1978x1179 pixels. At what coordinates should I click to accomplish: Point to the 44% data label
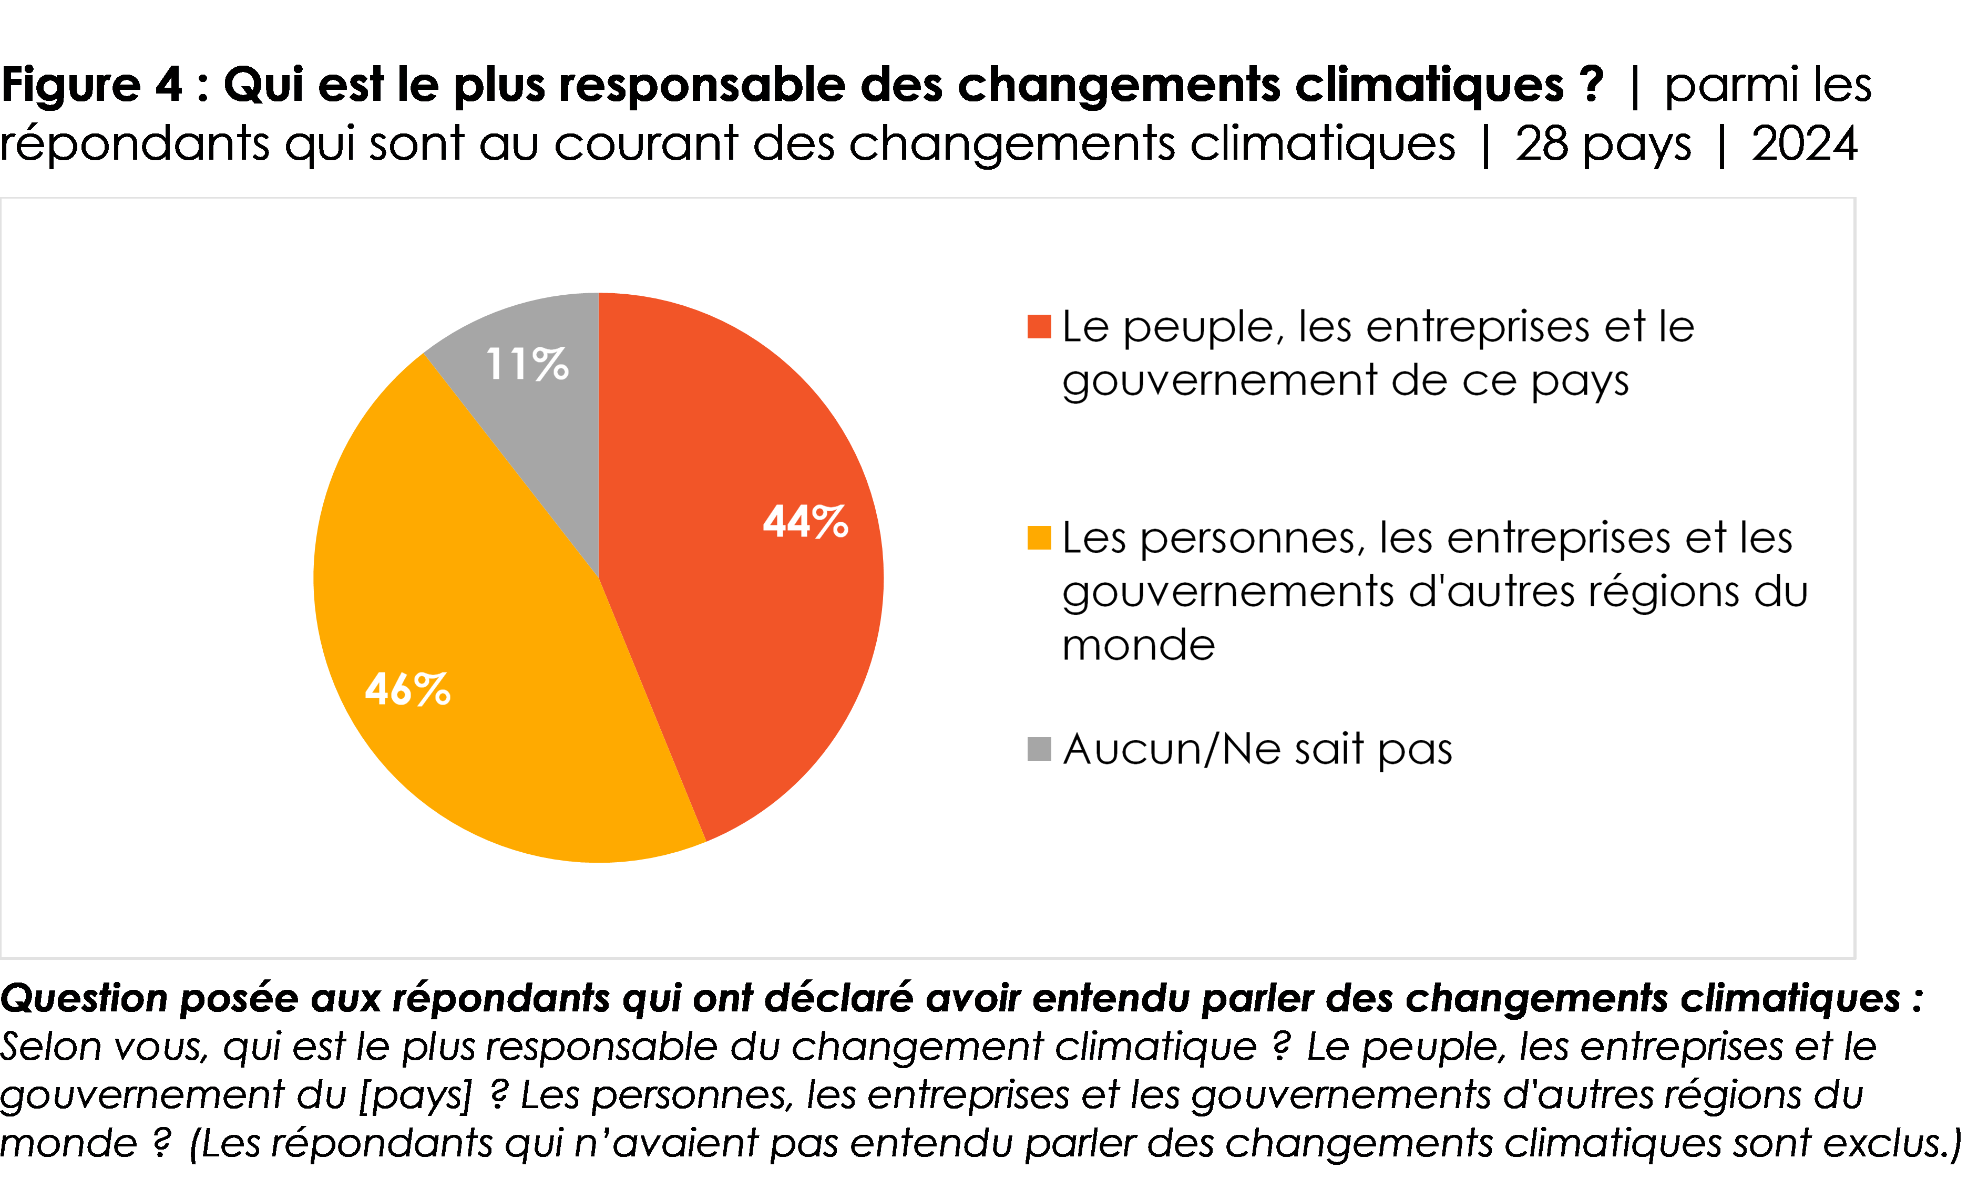coord(805,522)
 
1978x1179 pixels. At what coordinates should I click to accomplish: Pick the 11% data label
coord(527,365)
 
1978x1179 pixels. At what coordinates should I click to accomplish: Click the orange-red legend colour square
coord(1039,326)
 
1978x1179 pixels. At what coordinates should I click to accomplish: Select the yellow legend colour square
coord(1039,538)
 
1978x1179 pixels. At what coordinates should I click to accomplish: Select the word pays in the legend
coord(1580,382)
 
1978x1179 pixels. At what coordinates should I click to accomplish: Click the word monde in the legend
coord(1138,645)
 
